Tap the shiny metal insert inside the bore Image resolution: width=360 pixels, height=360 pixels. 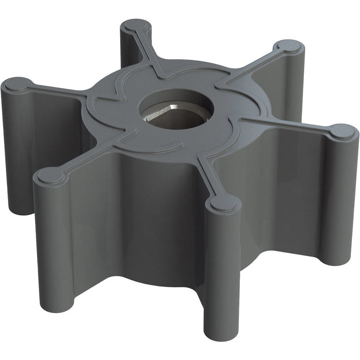click(167, 119)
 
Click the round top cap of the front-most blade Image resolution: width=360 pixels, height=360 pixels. click(224, 203)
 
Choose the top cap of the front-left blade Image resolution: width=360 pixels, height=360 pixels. click(49, 176)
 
